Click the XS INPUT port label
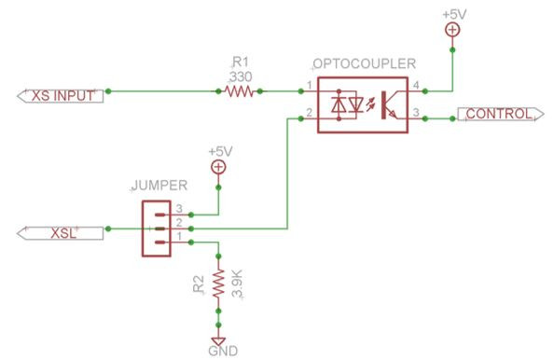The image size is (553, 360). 57,95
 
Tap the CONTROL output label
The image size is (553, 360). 498,116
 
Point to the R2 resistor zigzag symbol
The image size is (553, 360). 218,284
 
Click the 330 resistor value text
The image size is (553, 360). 241,78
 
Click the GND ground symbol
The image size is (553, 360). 218,341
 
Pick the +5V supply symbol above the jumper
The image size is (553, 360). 218,167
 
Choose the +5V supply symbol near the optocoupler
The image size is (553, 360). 451,30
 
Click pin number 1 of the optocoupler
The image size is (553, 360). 309,87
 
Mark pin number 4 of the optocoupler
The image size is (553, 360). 416,87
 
